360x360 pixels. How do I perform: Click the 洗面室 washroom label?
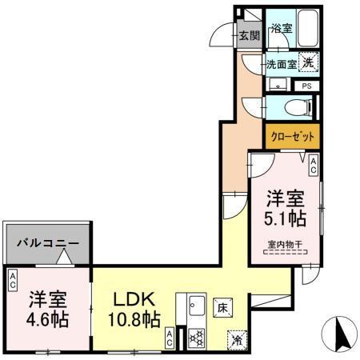281,64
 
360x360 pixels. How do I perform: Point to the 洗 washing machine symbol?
310,60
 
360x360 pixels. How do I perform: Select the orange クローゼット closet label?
292,135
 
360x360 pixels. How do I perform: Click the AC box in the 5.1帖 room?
314,166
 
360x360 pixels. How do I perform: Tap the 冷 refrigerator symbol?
237,338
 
